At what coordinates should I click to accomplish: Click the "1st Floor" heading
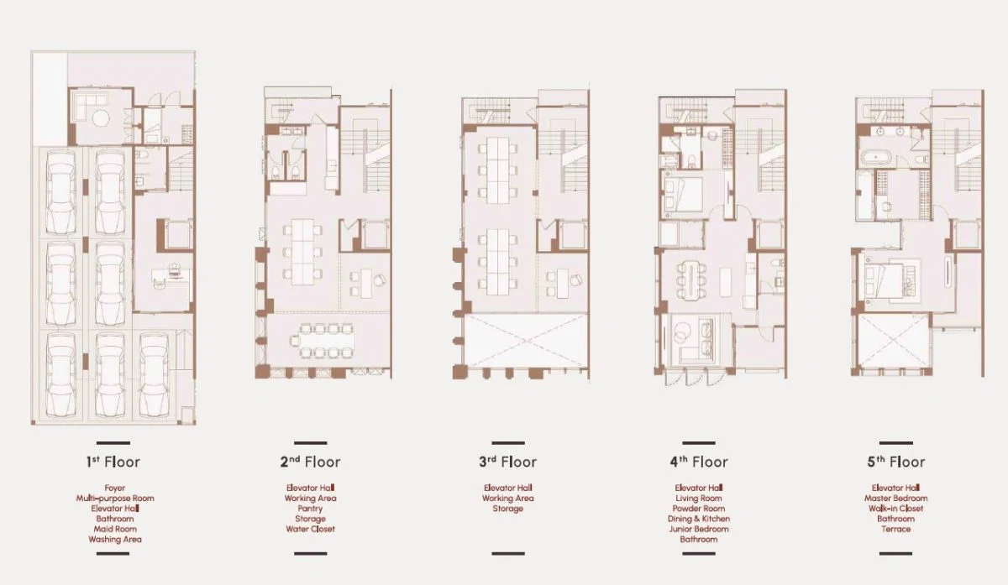click(x=113, y=462)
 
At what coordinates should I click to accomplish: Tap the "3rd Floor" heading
click(x=507, y=462)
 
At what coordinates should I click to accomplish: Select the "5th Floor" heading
click(x=896, y=462)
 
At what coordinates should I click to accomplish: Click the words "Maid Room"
click(x=115, y=529)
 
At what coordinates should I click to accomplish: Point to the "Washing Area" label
click(x=115, y=539)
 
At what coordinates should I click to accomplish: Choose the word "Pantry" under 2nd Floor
click(x=310, y=509)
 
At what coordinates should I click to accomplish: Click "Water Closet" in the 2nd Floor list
click(x=310, y=529)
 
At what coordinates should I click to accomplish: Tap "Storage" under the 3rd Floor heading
click(x=507, y=509)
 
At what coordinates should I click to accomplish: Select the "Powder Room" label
click(x=698, y=509)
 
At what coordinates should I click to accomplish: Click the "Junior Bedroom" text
click(x=698, y=529)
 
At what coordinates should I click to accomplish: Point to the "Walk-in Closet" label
click(x=895, y=509)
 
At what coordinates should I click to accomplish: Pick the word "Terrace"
click(x=895, y=529)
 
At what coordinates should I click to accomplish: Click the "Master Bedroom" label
click(x=895, y=499)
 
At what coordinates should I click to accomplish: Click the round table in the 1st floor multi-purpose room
click(x=101, y=118)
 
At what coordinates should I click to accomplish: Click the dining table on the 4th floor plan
click(x=690, y=280)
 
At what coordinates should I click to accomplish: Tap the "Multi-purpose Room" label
click(x=115, y=499)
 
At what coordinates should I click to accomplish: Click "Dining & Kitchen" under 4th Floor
click(x=698, y=519)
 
